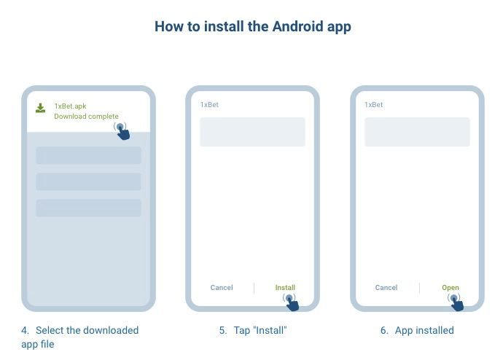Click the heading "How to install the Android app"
click(252, 27)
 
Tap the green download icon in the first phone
click(41, 109)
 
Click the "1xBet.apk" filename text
click(70, 106)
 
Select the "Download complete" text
click(86, 117)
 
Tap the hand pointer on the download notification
click(122, 131)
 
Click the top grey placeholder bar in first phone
click(88, 155)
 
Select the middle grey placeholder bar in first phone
click(88, 181)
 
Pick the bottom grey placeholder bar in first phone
click(88, 208)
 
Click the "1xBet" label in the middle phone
click(209, 105)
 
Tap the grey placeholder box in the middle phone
click(252, 132)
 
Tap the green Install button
click(285, 287)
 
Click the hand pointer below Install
click(291, 302)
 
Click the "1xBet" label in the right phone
click(373, 105)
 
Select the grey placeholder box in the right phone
click(417, 132)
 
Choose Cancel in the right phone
click(386, 287)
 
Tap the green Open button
click(451, 287)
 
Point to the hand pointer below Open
click(456, 302)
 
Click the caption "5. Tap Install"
click(253, 330)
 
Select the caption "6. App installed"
click(417, 330)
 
